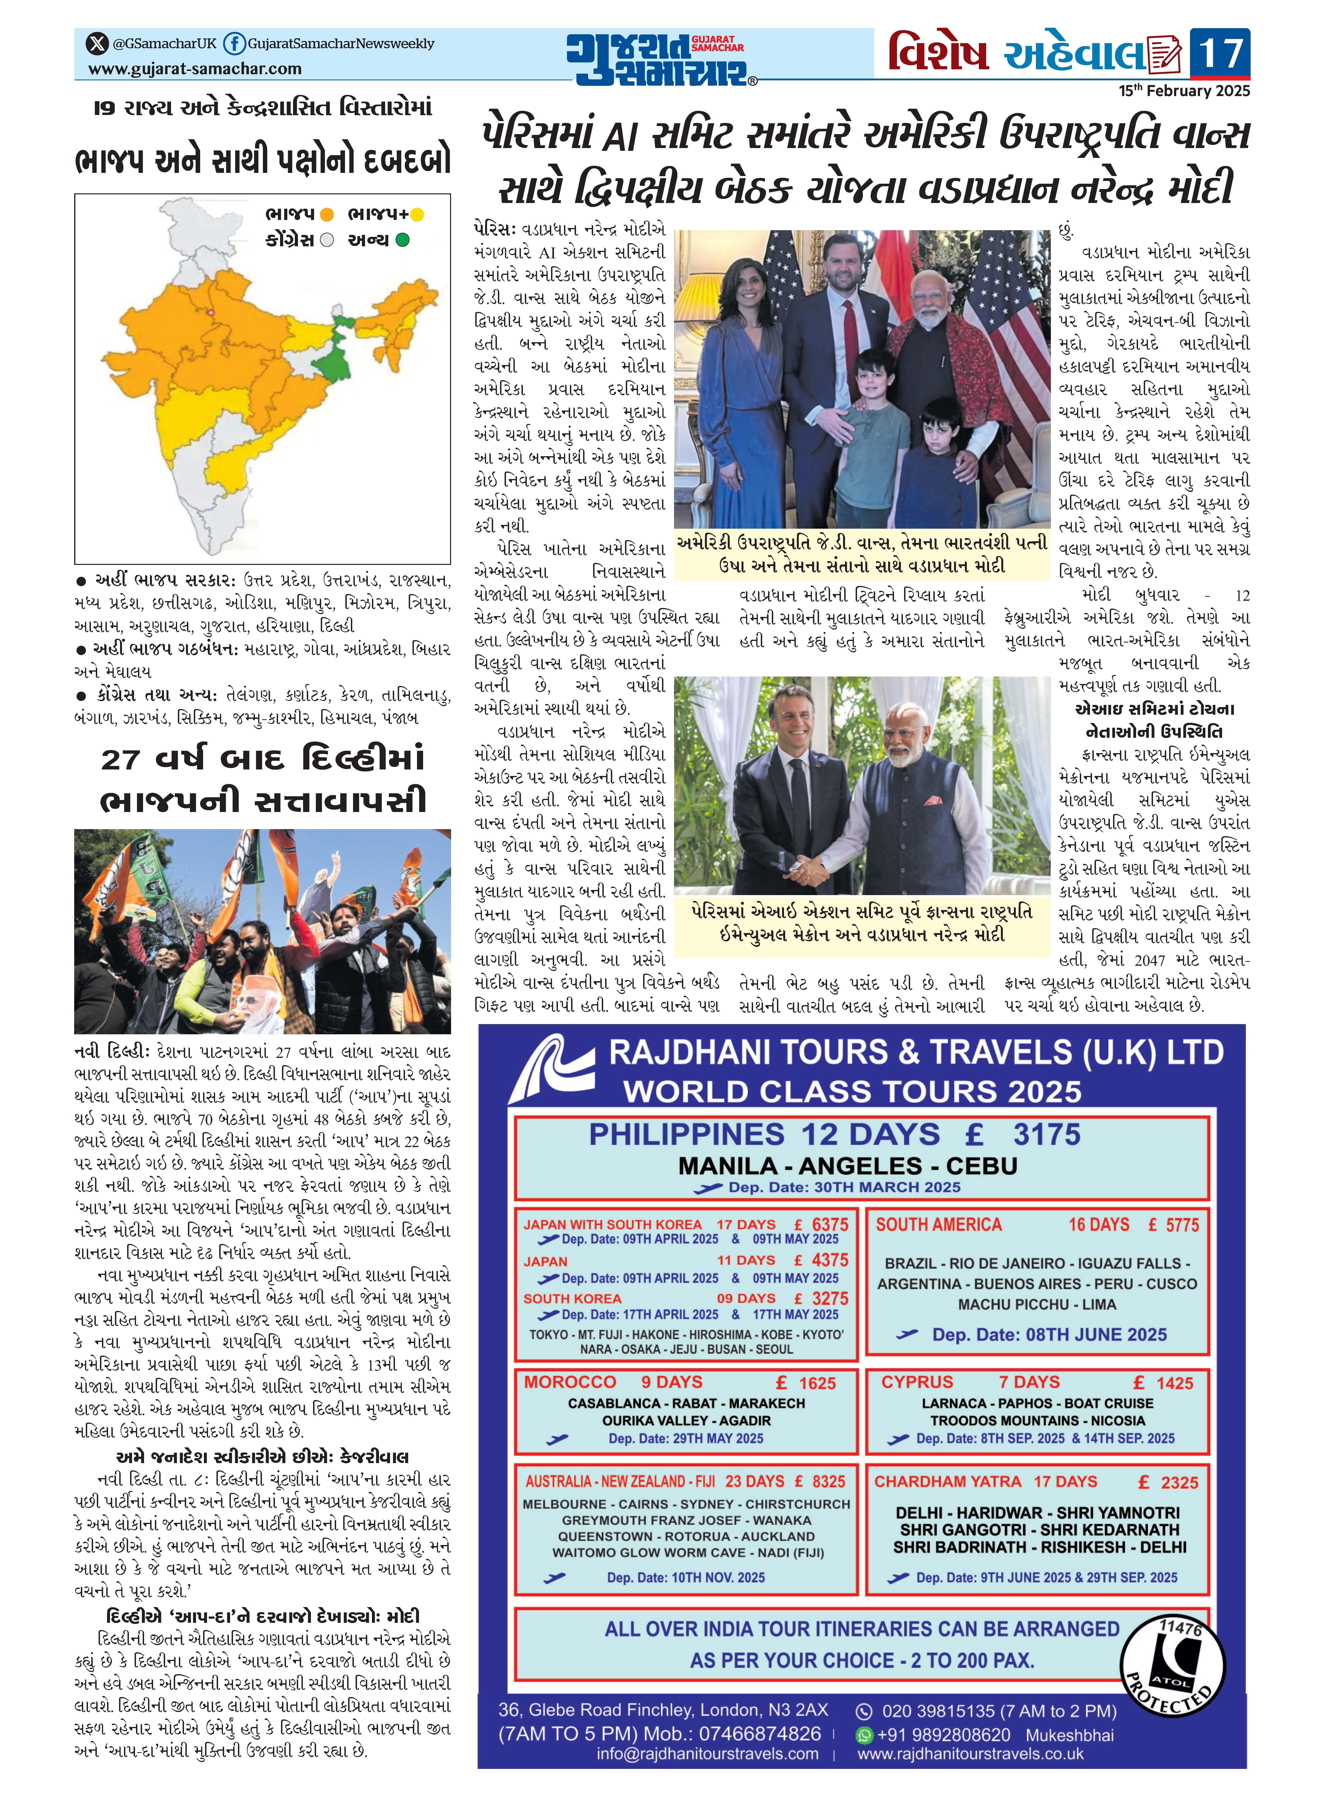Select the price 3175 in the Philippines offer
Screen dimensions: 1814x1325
click(1046, 1135)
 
